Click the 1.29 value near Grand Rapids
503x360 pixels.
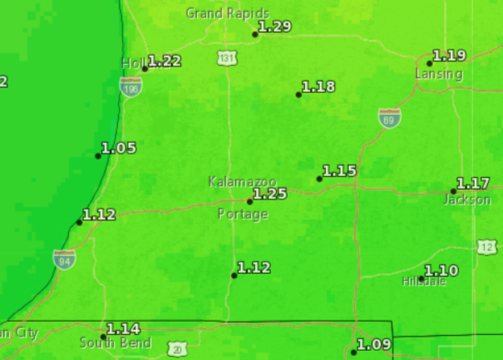(275, 27)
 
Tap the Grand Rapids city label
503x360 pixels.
(227, 13)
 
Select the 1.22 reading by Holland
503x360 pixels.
(165, 61)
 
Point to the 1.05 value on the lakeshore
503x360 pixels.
(119, 148)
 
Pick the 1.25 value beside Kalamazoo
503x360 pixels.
(270, 194)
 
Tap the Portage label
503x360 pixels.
(243, 215)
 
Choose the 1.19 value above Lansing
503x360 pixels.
(450, 56)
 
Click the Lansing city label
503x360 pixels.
(439, 74)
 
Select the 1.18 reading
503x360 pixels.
(318, 86)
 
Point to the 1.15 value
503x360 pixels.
(339, 170)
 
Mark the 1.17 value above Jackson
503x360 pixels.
(474, 183)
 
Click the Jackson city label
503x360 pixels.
(466, 200)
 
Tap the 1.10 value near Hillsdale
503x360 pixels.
(441, 270)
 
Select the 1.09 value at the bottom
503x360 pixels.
(373, 344)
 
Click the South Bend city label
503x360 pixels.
(116, 343)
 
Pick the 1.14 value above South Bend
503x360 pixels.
(123, 328)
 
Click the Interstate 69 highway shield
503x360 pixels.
(389, 119)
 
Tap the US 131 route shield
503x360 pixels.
(227, 57)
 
